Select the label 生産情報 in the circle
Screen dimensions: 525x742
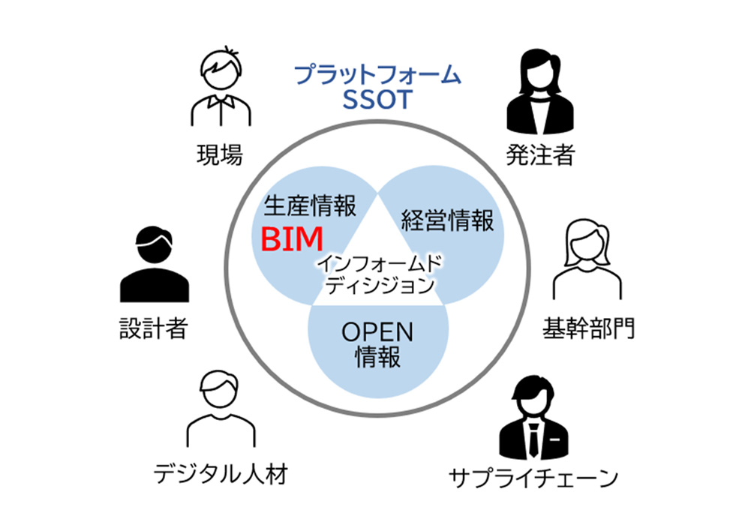click(x=311, y=204)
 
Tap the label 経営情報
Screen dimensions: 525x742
click(x=447, y=221)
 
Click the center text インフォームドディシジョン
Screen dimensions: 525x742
click(x=377, y=274)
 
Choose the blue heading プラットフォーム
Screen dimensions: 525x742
click(x=377, y=76)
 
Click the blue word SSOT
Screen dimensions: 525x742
click(x=377, y=100)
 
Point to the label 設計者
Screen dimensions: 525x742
click(x=153, y=329)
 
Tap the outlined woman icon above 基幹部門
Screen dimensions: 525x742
click(x=587, y=259)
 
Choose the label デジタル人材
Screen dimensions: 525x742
click(x=220, y=474)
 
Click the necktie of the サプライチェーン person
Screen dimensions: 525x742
click(x=533, y=438)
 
